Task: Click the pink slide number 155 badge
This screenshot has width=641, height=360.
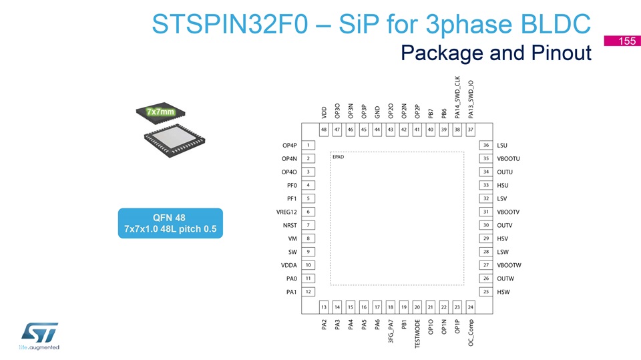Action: [622, 41]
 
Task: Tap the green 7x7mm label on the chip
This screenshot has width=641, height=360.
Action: [160, 112]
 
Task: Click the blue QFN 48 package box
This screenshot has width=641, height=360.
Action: [170, 223]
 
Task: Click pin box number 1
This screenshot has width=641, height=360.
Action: [308, 145]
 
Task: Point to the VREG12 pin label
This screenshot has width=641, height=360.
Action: [286, 212]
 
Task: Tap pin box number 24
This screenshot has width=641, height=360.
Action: [471, 307]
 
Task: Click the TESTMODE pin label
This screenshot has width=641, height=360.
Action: [417, 334]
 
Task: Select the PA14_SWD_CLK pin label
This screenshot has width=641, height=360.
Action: [457, 97]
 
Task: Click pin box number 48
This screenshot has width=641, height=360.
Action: [324, 130]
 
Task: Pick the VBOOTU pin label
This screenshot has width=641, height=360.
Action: [509, 159]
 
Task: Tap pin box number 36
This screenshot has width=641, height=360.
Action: [486, 145]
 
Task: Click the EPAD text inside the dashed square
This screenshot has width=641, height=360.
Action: [338, 157]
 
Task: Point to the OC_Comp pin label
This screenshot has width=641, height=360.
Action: [471, 333]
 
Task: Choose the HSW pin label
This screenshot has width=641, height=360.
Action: [503, 292]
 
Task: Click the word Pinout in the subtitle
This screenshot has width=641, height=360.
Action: [562, 53]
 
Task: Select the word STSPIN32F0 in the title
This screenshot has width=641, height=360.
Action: [230, 24]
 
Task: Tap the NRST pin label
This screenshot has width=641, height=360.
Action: [290, 225]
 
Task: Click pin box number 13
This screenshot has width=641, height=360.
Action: [324, 307]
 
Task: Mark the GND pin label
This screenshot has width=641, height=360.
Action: [377, 112]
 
